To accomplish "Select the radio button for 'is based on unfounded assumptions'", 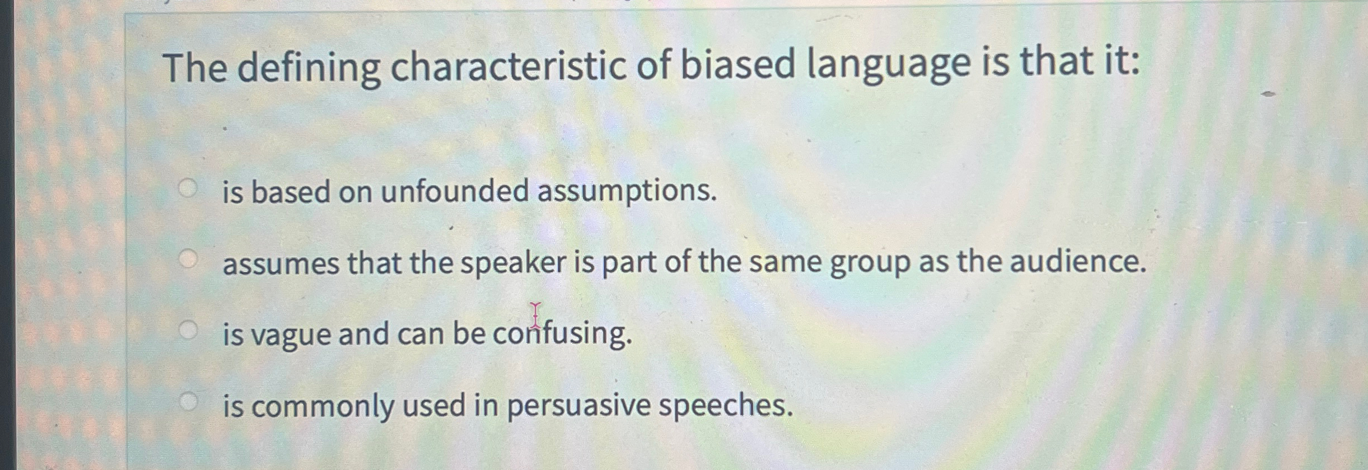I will click(x=188, y=189).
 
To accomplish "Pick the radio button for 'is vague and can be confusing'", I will click(x=188, y=331).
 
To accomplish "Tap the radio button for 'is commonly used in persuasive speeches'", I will click(x=188, y=401).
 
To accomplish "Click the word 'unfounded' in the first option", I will click(x=454, y=191).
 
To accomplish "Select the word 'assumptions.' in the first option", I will click(x=627, y=192).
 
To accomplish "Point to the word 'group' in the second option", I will click(x=870, y=263).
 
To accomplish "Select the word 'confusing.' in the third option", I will click(x=562, y=334).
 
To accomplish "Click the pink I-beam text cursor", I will click(x=536, y=314).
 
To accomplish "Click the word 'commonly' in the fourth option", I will click(x=322, y=406).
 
